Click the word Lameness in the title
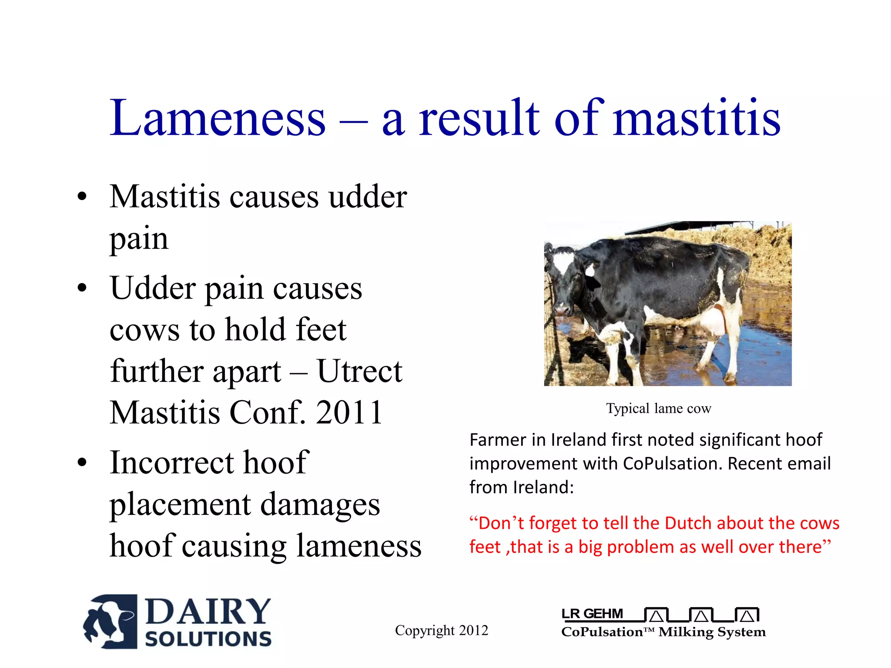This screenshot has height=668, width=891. point(218,118)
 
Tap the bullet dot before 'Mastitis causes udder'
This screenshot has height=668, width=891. point(82,197)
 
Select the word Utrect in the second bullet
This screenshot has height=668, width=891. point(359,371)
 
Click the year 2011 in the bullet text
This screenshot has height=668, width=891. point(349,413)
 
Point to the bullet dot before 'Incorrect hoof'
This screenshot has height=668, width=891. point(82,463)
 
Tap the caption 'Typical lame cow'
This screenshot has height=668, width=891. point(658,408)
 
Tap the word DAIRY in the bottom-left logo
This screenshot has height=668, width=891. point(208,611)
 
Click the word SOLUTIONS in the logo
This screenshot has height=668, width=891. point(208,639)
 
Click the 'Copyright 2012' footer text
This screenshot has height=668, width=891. point(441,630)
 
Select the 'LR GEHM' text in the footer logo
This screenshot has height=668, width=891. point(592,614)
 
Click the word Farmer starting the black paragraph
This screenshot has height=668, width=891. point(498,440)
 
